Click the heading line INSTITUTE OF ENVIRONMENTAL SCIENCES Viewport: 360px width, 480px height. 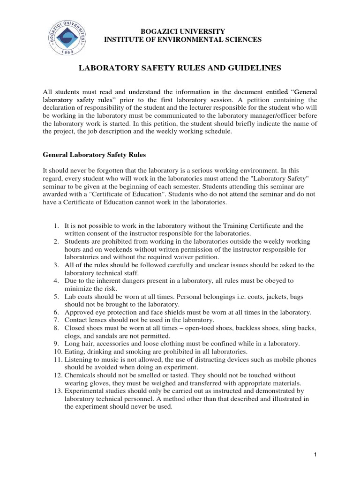(183, 40)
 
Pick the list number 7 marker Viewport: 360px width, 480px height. (56, 320)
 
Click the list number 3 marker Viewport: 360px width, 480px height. (56, 265)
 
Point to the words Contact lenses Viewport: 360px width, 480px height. (84, 320)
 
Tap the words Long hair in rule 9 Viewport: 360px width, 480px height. (78, 344)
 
